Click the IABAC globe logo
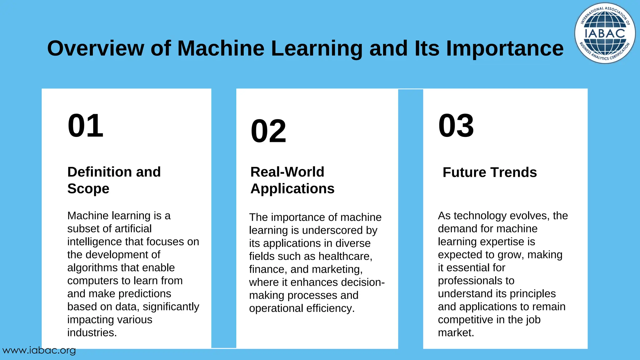tap(605, 33)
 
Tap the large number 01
tap(85, 126)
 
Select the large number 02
tap(268, 131)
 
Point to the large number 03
tap(456, 126)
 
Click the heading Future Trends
tap(490, 172)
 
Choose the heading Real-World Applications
tap(292, 180)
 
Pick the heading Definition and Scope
tap(114, 180)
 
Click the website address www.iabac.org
tap(39, 350)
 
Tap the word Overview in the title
tap(95, 48)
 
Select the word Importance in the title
tap(505, 48)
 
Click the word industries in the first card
tap(92, 332)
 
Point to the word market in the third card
tap(456, 332)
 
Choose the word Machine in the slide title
tap(221, 48)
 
